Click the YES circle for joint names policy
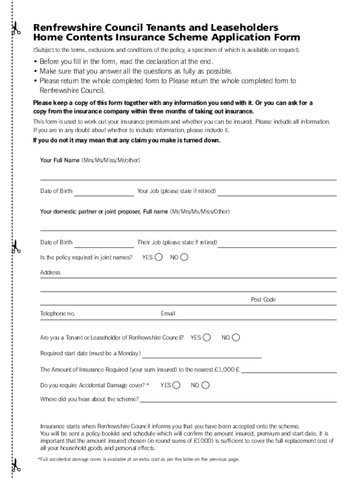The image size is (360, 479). click(x=159, y=257)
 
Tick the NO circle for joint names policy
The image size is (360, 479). click(x=184, y=257)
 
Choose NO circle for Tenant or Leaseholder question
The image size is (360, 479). click(x=236, y=337)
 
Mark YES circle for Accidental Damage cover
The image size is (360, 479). click(x=176, y=385)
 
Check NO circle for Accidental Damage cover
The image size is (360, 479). click(x=205, y=385)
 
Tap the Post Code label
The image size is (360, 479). click(x=263, y=299)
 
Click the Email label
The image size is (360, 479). click(x=168, y=313)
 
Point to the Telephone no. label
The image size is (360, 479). click(x=58, y=313)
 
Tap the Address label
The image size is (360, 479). click(x=50, y=272)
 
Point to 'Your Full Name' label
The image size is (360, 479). click(x=60, y=160)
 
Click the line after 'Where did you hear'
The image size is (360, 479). click(x=238, y=401)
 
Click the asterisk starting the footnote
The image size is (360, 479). click(x=39, y=459)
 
